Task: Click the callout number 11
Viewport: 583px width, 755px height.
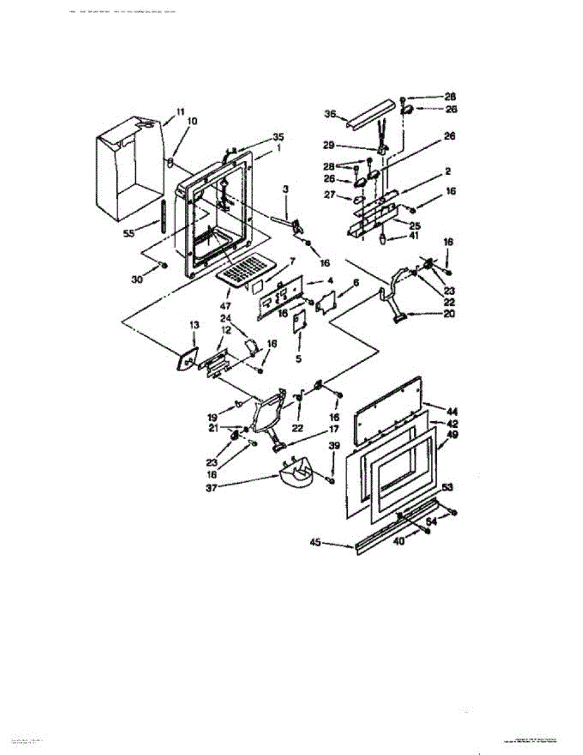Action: point(180,111)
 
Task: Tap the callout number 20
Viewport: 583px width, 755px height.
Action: point(448,315)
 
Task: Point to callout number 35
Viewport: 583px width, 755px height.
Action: point(278,136)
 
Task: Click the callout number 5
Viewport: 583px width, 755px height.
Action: point(299,359)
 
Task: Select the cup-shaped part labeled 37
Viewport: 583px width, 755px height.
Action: point(296,475)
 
